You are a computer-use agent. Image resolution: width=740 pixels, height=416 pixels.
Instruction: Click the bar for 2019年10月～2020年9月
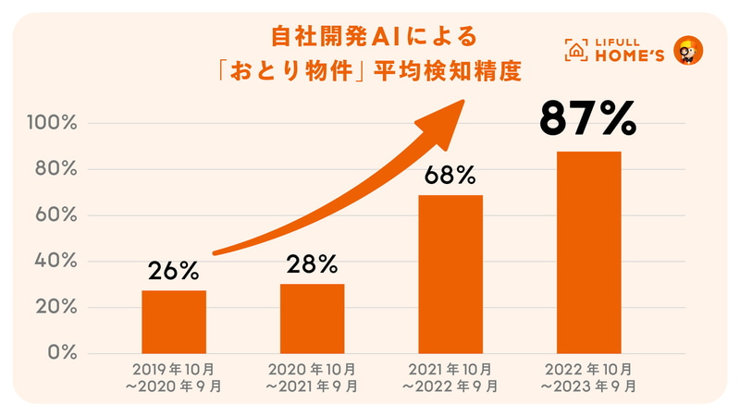point(174,322)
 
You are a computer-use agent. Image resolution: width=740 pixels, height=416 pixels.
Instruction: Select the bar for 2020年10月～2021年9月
point(312,318)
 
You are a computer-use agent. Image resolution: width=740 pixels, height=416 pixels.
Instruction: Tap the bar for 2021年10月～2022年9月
point(450,274)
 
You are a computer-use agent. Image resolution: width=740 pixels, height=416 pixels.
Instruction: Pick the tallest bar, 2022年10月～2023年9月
point(588,251)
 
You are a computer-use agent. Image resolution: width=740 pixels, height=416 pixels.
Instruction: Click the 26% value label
point(174,271)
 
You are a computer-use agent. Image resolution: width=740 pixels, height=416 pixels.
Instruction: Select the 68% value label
point(450,175)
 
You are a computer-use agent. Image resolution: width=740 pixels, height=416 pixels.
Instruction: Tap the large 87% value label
point(588,118)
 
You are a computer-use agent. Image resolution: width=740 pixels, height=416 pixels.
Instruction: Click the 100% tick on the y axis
point(56,124)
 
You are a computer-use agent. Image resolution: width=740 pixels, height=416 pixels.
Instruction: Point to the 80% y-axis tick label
point(61,170)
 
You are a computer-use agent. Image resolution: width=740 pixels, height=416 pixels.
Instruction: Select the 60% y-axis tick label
point(61,216)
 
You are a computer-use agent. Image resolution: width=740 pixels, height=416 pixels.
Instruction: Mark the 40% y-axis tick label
point(61,262)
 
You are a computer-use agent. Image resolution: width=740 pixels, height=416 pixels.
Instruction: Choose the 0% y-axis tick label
point(66,353)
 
